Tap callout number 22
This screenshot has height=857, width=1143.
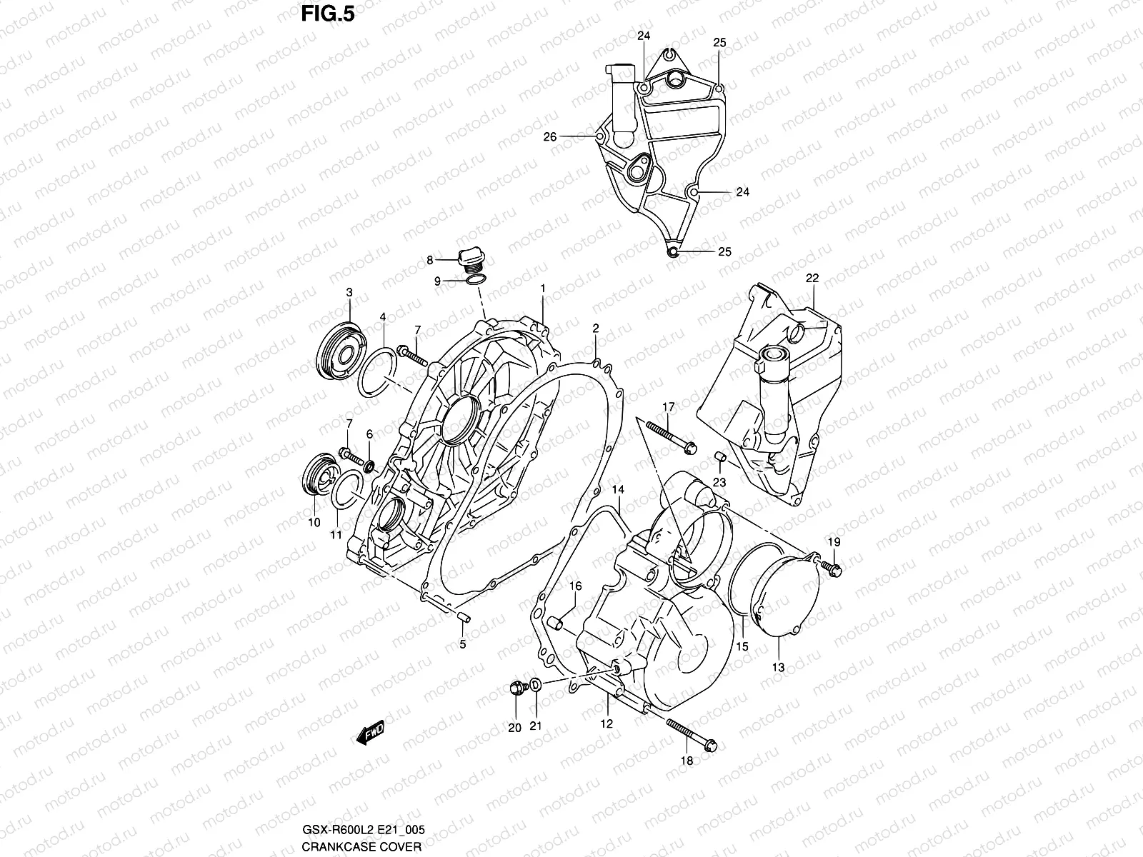pos(812,278)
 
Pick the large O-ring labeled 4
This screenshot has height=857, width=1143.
pos(376,371)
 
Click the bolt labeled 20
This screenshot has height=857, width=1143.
pos(516,688)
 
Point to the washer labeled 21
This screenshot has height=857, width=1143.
pos(536,686)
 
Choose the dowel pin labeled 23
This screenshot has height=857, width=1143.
pos(721,457)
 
